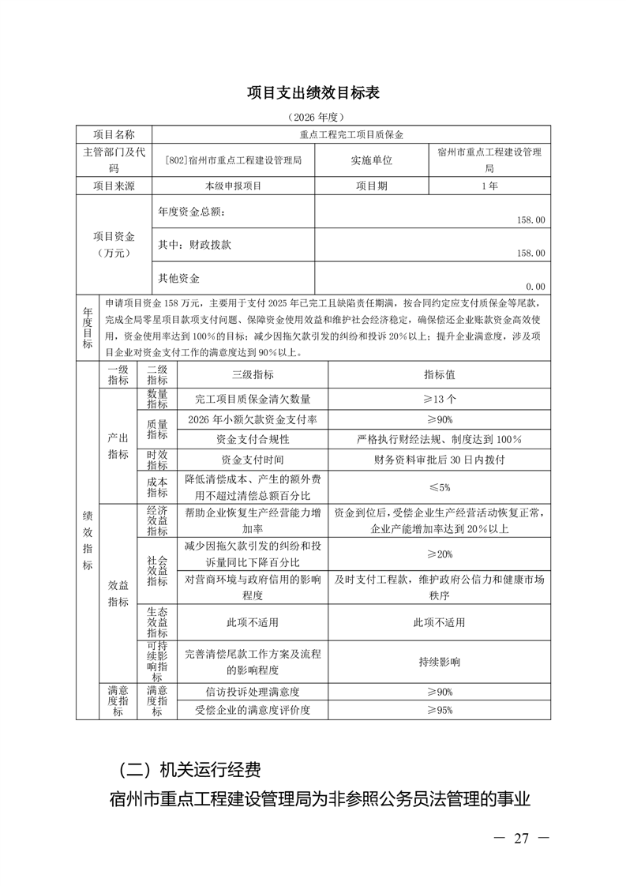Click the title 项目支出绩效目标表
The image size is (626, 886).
tap(313, 92)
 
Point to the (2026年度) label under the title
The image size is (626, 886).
tap(313, 118)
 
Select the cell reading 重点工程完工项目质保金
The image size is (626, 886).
tap(351, 134)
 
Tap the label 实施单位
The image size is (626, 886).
tap(371, 160)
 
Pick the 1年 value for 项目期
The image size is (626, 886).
tap(489, 186)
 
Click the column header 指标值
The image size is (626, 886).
tap(439, 374)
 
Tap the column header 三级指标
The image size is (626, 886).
tap(253, 374)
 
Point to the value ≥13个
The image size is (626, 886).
tap(439, 399)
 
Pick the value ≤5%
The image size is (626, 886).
tap(439, 486)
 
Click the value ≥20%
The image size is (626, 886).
tap(439, 554)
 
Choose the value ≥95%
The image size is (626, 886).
tap(439, 710)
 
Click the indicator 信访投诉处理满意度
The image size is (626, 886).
tap(253, 692)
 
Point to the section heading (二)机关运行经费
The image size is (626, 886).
tap(188, 768)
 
